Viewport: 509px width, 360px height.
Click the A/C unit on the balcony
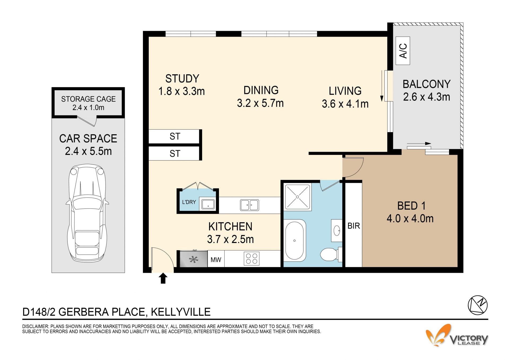click(403, 51)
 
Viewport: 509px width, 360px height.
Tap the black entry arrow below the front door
click(163, 279)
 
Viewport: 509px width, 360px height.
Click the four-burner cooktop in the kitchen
click(252, 259)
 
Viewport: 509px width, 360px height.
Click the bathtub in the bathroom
click(295, 240)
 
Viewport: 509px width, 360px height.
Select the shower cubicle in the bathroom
click(297, 197)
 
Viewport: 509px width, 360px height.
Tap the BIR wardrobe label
click(354, 226)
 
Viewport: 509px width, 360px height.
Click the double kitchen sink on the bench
click(249, 205)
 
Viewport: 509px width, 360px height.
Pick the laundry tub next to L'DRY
click(208, 204)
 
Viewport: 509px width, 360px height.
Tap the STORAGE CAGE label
click(88, 99)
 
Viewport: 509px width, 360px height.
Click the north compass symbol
click(478, 305)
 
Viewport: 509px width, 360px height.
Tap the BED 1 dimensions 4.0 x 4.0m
click(410, 219)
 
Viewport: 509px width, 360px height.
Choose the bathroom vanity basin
click(337, 231)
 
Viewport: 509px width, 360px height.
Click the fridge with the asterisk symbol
click(194, 259)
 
